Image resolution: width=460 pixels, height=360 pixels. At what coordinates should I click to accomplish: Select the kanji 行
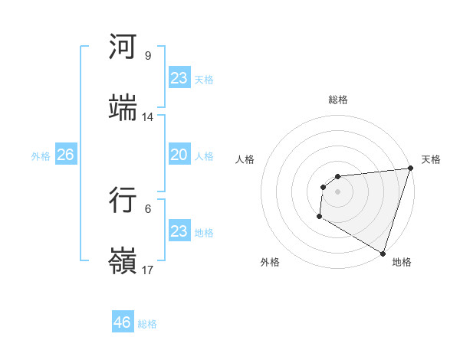click(x=123, y=199)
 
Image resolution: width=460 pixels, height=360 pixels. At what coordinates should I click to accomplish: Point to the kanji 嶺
click(x=123, y=260)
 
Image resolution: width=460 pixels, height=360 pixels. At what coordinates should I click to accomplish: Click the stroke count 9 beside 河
click(x=147, y=56)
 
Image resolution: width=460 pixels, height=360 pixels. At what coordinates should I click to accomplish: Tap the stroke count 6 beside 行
click(x=147, y=208)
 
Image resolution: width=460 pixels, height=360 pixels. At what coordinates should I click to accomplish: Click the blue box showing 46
click(x=123, y=322)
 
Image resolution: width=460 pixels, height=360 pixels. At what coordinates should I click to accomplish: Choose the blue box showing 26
click(x=65, y=155)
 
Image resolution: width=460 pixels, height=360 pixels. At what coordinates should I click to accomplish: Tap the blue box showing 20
click(x=179, y=155)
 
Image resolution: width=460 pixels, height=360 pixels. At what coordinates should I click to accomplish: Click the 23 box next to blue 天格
click(x=179, y=78)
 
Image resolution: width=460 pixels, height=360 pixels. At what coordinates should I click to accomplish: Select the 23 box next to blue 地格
click(x=179, y=231)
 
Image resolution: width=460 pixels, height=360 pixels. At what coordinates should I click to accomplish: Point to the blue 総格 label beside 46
click(x=147, y=324)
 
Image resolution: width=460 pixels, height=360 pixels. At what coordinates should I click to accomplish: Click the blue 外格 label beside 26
click(x=41, y=156)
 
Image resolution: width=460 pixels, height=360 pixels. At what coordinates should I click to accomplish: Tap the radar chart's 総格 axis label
click(x=337, y=100)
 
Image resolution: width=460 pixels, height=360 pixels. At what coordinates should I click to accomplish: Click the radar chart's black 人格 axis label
click(x=245, y=159)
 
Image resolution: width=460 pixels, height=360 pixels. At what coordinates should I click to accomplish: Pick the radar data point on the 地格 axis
click(x=383, y=253)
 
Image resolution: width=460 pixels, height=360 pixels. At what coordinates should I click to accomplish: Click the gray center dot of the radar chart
click(x=337, y=191)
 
